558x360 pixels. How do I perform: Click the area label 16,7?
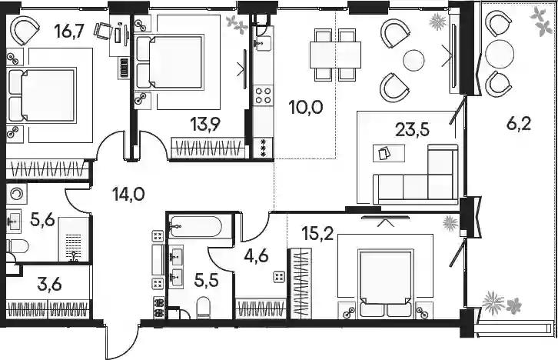tap(69, 32)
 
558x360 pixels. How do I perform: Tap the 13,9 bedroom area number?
tap(205, 125)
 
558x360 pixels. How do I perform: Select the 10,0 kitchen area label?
tap(307, 107)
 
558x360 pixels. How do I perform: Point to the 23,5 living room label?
tap(413, 129)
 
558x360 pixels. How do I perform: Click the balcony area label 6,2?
tap(518, 124)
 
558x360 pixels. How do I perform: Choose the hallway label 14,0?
tap(128, 195)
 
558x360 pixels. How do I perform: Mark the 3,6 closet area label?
tap(49, 285)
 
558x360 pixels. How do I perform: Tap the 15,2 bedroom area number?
tap(317, 233)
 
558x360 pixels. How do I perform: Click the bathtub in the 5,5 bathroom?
tap(196, 227)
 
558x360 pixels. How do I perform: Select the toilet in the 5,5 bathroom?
tap(204, 307)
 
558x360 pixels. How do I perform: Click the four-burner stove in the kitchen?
tap(264, 95)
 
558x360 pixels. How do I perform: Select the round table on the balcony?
tap(500, 54)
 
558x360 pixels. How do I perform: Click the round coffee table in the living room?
tap(414, 60)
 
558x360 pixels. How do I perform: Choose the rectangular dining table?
tap(335, 55)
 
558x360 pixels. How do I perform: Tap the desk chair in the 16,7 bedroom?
tap(102, 30)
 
